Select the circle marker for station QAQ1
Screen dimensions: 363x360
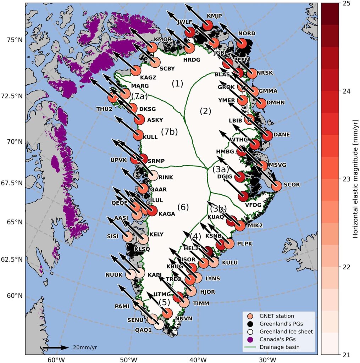coord(159,324)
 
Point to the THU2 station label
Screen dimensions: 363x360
coord(104,109)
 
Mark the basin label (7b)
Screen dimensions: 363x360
coord(169,132)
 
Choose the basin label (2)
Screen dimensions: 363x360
coord(205,111)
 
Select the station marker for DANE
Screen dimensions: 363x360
coord(267,135)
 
